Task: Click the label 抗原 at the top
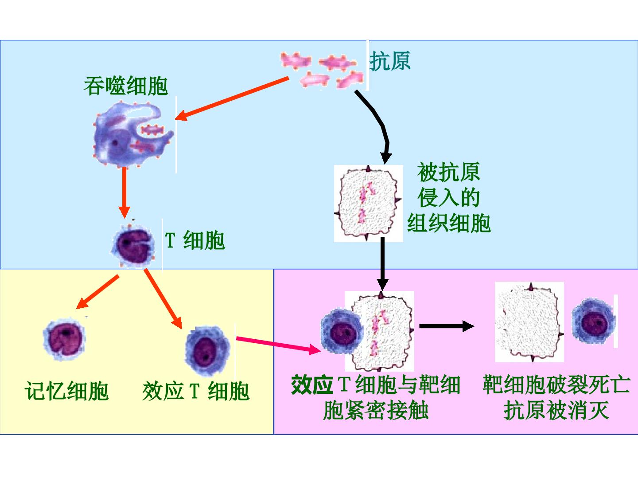(x=390, y=61)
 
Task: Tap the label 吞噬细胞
(x=126, y=86)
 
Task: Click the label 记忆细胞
(x=66, y=391)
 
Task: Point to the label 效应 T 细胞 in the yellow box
(x=196, y=391)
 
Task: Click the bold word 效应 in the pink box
(x=312, y=385)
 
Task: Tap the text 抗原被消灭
(x=556, y=410)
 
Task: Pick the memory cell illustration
(x=64, y=339)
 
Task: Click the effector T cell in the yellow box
(x=207, y=351)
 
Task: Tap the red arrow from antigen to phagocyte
(x=232, y=98)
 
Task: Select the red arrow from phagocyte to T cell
(x=124, y=192)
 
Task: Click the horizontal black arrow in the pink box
(x=447, y=326)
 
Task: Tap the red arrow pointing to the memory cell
(x=97, y=292)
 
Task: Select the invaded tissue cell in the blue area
(x=368, y=203)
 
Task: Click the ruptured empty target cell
(x=529, y=322)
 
